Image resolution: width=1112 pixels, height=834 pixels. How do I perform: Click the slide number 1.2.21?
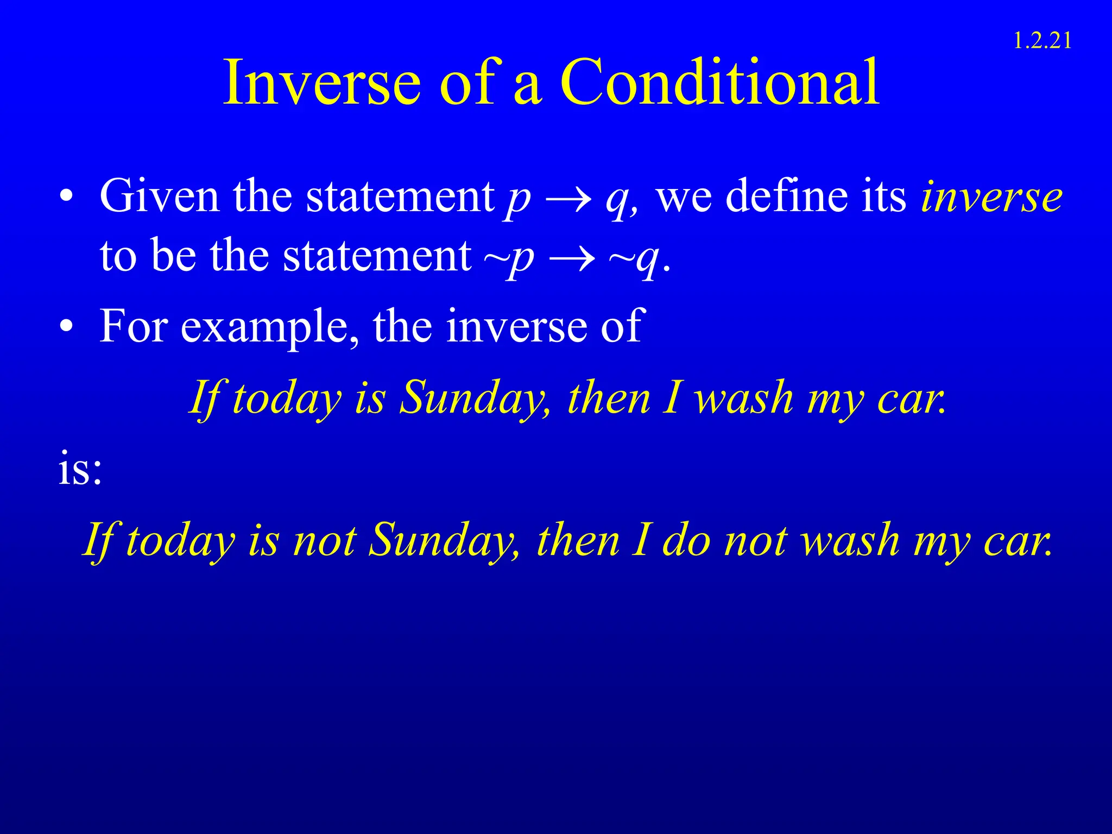[x=1042, y=41]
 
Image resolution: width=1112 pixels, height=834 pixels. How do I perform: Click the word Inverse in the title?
[x=322, y=83]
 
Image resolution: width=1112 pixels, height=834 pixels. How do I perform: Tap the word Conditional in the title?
[x=719, y=83]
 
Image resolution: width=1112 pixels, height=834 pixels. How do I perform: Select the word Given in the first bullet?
[x=159, y=196]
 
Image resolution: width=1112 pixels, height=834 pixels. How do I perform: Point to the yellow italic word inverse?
[x=991, y=197]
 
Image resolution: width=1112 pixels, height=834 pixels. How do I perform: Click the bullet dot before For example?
[x=66, y=327]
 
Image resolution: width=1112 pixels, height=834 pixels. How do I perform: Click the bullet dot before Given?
[x=66, y=198]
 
